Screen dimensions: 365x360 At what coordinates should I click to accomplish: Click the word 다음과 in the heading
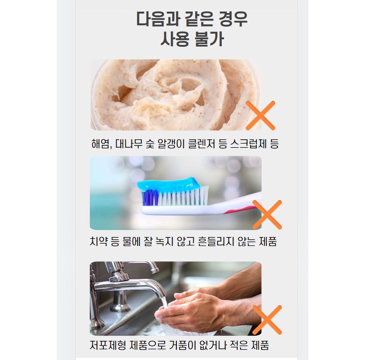[158, 19]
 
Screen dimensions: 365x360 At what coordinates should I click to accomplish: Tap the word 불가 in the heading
[209, 39]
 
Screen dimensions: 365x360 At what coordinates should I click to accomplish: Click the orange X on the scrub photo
[261, 115]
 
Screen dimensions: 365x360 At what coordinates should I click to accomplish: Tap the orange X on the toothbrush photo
[267, 215]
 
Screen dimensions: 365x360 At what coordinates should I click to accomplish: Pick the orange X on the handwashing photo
[267, 320]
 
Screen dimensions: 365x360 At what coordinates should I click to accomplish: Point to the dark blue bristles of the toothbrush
[150, 198]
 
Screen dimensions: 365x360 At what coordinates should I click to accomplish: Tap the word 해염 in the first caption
[101, 144]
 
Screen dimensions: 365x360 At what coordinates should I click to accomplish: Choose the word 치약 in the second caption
[99, 241]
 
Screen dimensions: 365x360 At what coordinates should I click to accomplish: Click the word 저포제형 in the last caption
[108, 345]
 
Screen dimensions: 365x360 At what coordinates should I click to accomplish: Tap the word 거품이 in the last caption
[182, 345]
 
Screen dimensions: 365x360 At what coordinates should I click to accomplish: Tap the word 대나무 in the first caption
[129, 144]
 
